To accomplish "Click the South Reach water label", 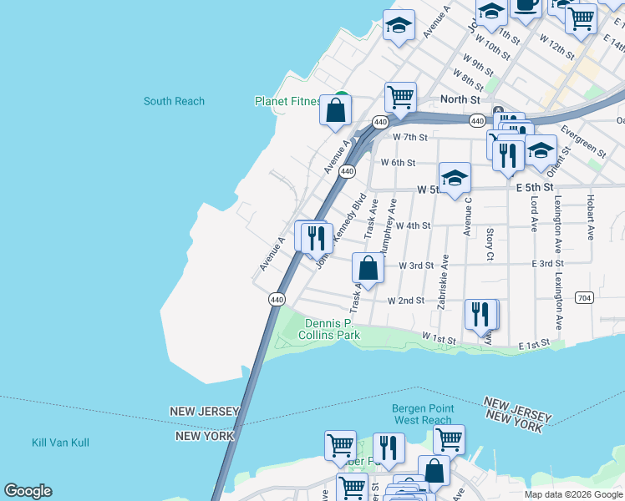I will [x=174, y=101].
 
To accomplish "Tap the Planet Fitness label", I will [x=287, y=102].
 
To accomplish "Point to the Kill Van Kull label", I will [x=60, y=443].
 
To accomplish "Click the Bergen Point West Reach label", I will [x=422, y=414].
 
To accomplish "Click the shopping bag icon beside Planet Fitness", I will [x=335, y=110].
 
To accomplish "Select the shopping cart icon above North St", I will [x=400, y=96].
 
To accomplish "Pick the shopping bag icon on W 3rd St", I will [x=368, y=267].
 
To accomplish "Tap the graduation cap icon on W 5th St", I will [x=455, y=177].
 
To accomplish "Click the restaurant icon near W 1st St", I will [x=480, y=314].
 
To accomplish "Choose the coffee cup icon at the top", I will [x=526, y=7].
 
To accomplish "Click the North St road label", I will [x=460, y=99].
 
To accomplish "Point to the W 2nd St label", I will [x=406, y=301].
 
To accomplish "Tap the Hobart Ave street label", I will [x=590, y=220].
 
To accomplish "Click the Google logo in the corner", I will [x=28, y=491].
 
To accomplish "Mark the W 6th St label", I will [x=398, y=163].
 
